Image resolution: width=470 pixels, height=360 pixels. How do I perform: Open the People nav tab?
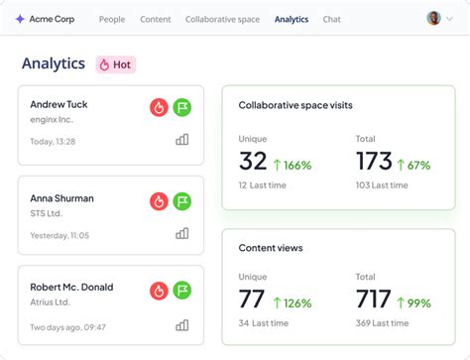click(x=112, y=19)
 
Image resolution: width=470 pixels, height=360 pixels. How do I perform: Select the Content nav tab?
click(x=156, y=19)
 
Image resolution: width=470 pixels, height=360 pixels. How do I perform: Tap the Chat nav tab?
click(x=332, y=19)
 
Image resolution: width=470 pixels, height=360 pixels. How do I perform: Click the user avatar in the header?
click(x=433, y=18)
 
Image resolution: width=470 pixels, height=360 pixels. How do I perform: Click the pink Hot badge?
click(x=115, y=64)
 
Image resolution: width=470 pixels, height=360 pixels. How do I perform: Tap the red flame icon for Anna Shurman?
click(x=159, y=200)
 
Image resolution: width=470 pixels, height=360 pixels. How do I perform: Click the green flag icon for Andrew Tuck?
click(x=182, y=107)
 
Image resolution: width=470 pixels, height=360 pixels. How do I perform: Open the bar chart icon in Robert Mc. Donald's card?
click(x=182, y=324)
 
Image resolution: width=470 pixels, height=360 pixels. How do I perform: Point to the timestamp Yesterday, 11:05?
click(x=59, y=235)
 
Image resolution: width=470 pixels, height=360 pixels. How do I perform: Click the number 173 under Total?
click(x=374, y=163)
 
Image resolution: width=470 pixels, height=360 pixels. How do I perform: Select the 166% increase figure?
click(x=294, y=165)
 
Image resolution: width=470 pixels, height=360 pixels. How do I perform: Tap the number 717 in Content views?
click(x=374, y=300)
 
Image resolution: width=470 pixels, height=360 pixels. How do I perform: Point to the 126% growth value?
click(x=294, y=301)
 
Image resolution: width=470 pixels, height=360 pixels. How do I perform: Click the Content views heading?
click(x=271, y=248)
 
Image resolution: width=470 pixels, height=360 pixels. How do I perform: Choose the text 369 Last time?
click(x=382, y=323)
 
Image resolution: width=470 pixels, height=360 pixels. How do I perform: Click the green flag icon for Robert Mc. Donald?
click(x=182, y=291)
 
